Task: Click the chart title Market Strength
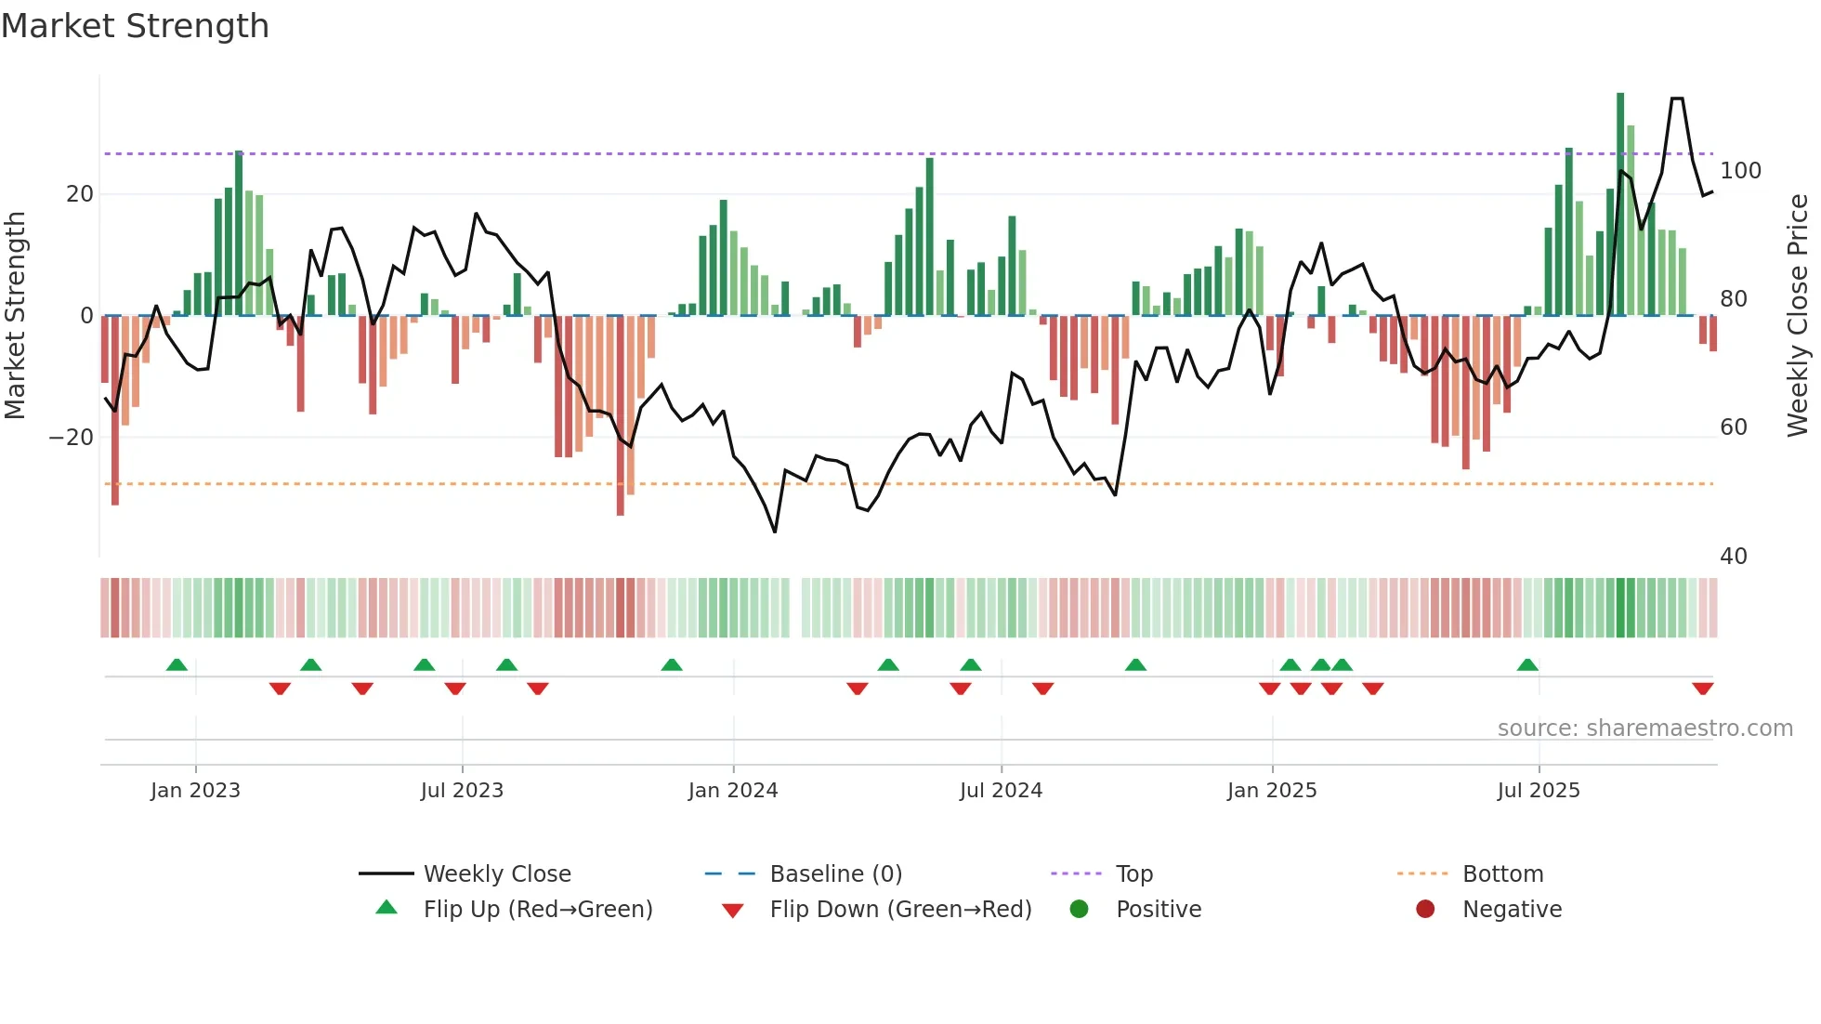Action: click(135, 26)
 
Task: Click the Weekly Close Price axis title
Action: click(1798, 316)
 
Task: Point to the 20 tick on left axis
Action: click(80, 194)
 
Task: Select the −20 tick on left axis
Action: click(72, 438)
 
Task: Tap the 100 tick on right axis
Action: click(1740, 171)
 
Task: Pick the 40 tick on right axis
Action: click(1734, 557)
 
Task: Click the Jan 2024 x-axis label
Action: click(733, 791)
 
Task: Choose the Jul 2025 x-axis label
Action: click(1539, 791)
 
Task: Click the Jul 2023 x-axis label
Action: click(462, 791)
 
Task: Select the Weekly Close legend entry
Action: click(497, 874)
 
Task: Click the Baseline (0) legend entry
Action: click(835, 874)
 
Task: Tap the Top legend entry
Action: click(1133, 874)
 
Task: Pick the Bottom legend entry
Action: click(1502, 874)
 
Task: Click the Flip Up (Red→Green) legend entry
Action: click(537, 910)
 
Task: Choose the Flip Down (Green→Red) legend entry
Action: click(900, 910)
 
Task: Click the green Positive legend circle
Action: click(1079, 910)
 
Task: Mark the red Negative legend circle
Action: click(1425, 910)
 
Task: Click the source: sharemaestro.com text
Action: click(1644, 729)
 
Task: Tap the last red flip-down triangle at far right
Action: click(1703, 689)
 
